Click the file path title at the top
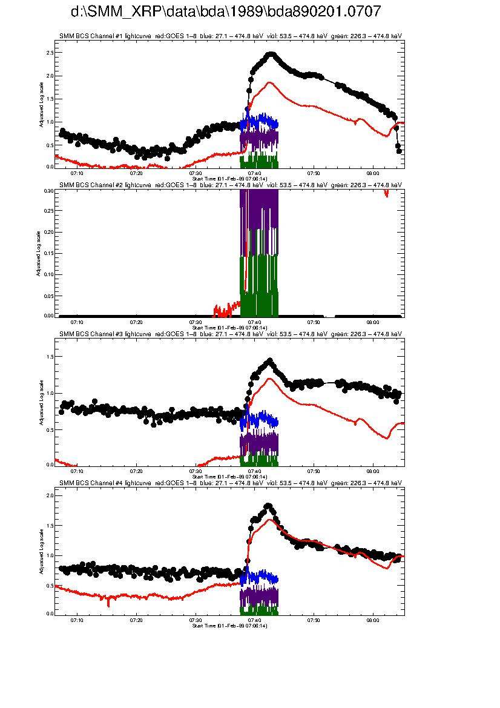point(226,12)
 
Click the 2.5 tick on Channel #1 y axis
point(50,53)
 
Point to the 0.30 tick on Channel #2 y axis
point(48,190)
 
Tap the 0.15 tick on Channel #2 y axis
point(48,253)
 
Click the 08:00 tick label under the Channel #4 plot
point(373,621)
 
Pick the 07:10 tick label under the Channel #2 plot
point(77,322)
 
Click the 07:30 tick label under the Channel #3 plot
point(196,471)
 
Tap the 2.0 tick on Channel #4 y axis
point(50,496)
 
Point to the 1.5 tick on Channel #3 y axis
point(50,357)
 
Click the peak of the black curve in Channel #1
point(271,54)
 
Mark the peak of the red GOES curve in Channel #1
point(269,82)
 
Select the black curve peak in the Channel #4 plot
point(268,506)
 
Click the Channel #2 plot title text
point(231,185)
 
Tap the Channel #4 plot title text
point(231,483)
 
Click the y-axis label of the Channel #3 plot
point(41,402)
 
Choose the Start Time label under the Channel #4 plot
point(229,626)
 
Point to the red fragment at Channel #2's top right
point(386,193)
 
